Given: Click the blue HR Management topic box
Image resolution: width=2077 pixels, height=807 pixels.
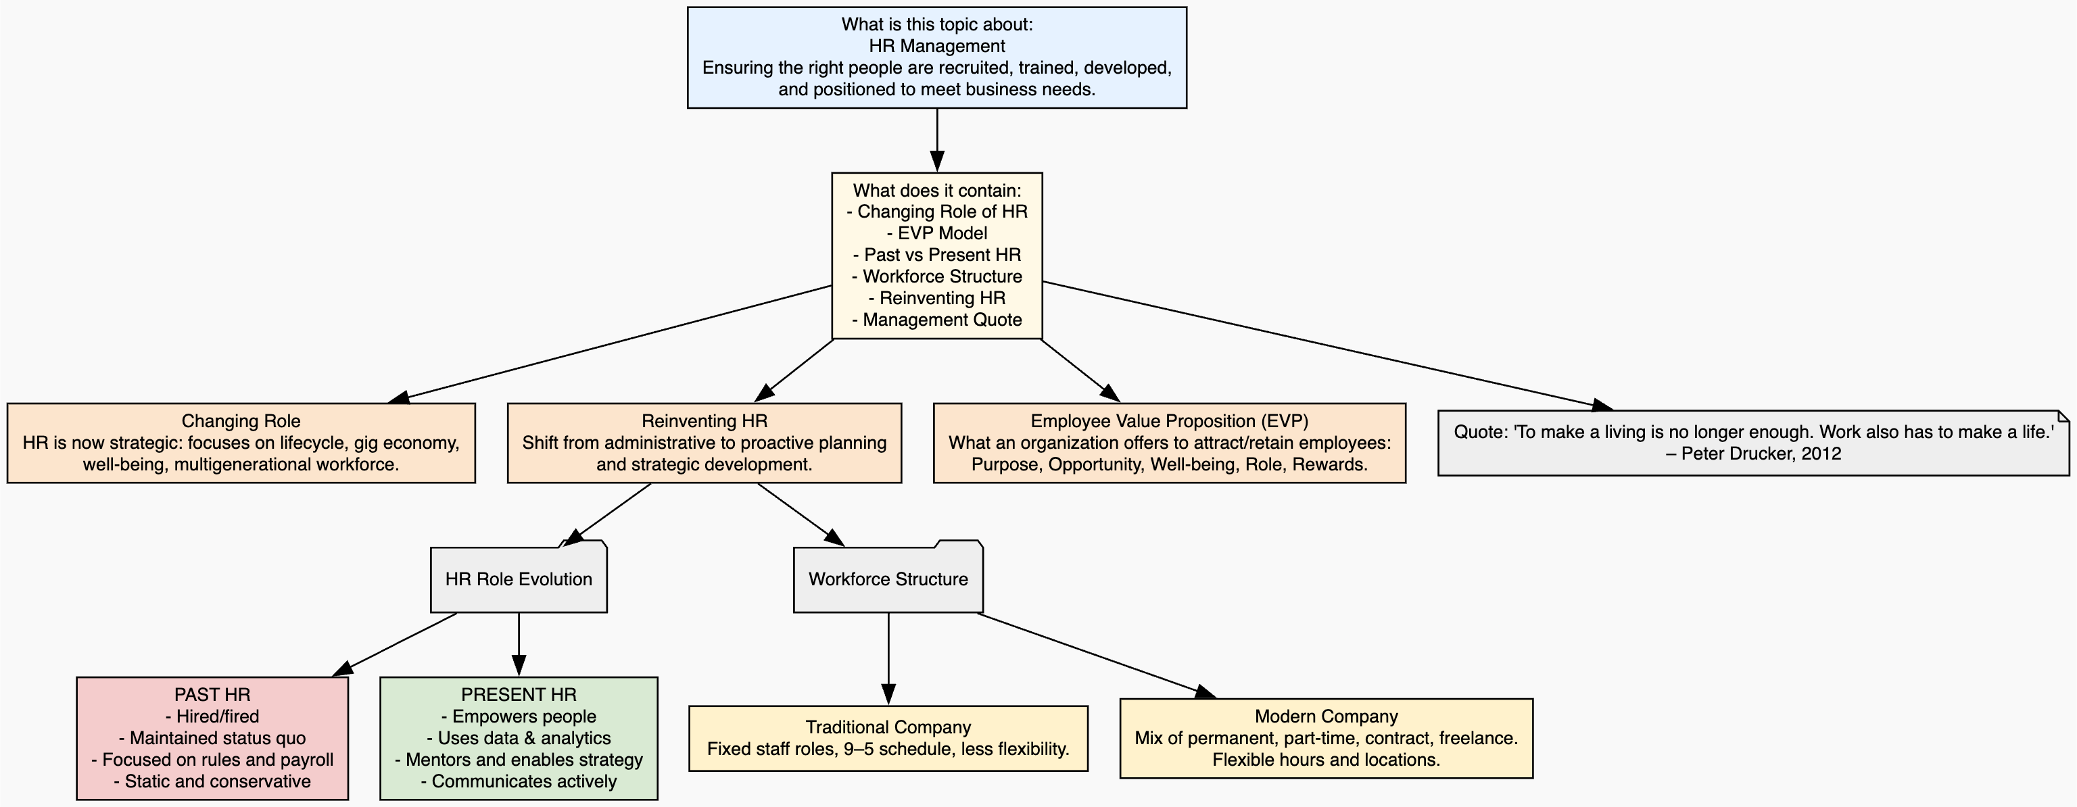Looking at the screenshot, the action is (937, 57).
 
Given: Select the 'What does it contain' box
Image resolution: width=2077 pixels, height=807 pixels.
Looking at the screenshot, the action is (937, 255).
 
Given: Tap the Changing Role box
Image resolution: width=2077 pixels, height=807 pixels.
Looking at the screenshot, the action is (241, 443).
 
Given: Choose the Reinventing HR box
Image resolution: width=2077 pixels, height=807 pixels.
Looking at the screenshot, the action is (704, 443).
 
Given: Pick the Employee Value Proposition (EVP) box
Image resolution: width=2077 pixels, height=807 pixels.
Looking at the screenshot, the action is (1169, 443).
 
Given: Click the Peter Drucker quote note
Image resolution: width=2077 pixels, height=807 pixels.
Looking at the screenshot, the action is (1754, 443).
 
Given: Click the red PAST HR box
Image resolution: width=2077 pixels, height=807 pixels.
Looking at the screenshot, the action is (212, 739).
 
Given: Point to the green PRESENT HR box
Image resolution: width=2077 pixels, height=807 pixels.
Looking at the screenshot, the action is (519, 739).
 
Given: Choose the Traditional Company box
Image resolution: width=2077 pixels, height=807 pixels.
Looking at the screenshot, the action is (888, 739).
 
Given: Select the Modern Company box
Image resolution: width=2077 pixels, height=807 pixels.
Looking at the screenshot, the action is (1327, 739).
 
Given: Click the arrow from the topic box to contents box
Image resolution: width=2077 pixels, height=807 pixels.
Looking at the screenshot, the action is (937, 141).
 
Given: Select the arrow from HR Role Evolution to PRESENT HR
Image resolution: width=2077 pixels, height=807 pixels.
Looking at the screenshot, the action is (519, 645).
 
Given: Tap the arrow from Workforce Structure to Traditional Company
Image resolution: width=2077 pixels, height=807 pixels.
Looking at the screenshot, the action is (888, 660).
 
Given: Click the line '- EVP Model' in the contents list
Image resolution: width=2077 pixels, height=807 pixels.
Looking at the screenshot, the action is (937, 234).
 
